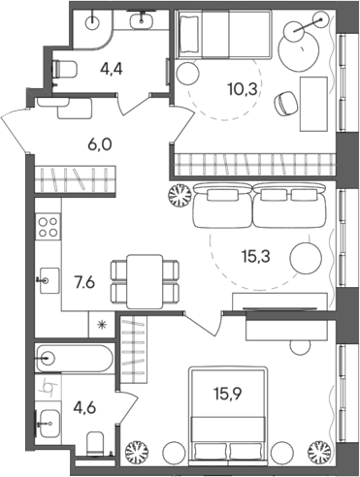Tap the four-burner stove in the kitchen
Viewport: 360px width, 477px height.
tap(48, 232)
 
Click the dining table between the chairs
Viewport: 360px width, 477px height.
tap(145, 279)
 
